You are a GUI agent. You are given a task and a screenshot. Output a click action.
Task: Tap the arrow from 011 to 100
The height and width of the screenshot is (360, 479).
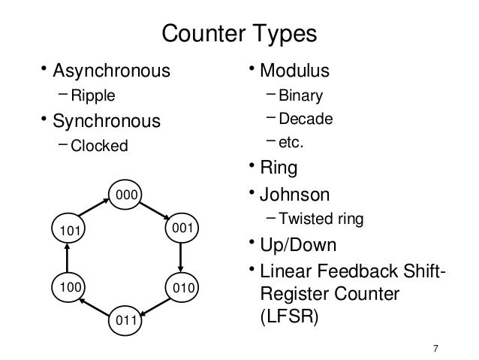tap(95, 304)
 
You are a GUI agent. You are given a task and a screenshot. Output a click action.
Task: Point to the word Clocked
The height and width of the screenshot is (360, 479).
tap(100, 145)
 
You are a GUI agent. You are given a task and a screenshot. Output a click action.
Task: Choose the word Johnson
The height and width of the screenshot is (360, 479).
tap(294, 195)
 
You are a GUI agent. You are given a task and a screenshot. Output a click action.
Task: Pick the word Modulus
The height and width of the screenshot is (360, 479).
tap(294, 71)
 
